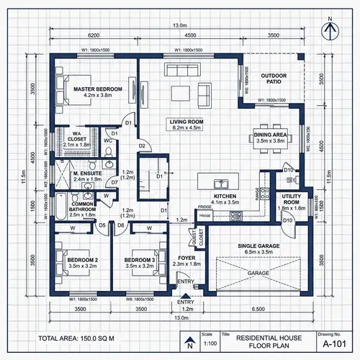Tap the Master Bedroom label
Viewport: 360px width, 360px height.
click(x=98, y=91)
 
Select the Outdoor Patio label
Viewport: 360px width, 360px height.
click(x=274, y=78)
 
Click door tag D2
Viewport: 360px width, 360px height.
click(x=143, y=146)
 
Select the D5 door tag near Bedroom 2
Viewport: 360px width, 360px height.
click(x=102, y=225)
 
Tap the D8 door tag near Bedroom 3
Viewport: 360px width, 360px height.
click(x=120, y=225)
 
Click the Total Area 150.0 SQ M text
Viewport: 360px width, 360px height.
click(x=76, y=338)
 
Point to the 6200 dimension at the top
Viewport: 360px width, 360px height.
click(x=94, y=35)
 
